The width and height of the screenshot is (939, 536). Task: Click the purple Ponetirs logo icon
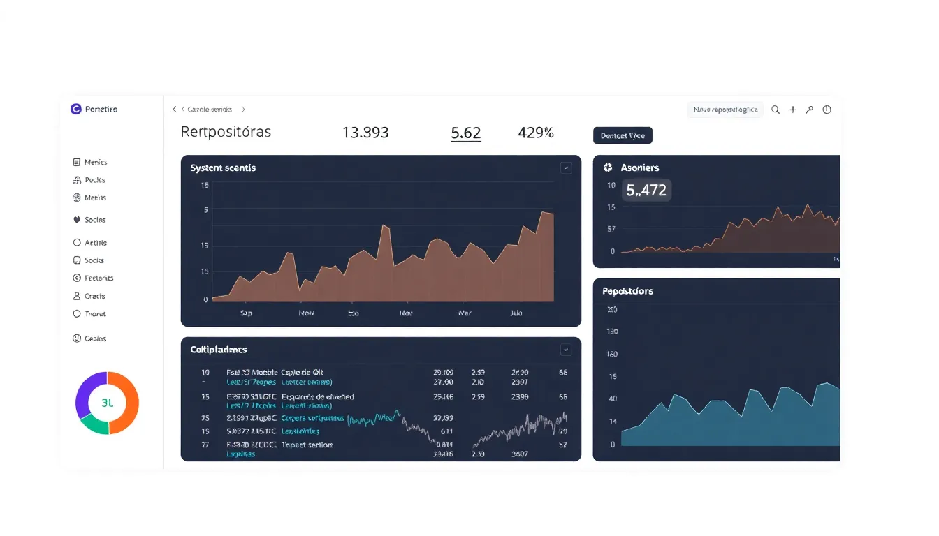coord(76,109)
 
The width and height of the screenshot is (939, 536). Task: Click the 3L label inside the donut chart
coord(107,403)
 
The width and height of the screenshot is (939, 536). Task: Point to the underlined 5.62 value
coord(466,133)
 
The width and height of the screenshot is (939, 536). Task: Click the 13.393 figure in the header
coord(365,133)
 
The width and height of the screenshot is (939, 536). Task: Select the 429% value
coord(536,133)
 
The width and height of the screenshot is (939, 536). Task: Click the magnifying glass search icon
coord(776,110)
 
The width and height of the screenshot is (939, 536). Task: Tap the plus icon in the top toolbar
coord(793,110)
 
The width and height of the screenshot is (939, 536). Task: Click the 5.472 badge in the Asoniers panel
coord(646,190)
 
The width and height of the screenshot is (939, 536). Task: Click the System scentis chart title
coord(223,168)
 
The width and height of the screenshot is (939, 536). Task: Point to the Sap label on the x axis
coord(246,313)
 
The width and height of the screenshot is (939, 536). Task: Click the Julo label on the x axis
coord(516,313)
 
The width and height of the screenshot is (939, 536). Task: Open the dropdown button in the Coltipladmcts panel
coord(566,350)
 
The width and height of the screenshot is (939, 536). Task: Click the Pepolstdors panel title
coord(627,291)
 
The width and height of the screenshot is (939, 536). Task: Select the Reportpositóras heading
coord(226,132)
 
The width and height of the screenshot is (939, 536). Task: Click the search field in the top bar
coord(725,110)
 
